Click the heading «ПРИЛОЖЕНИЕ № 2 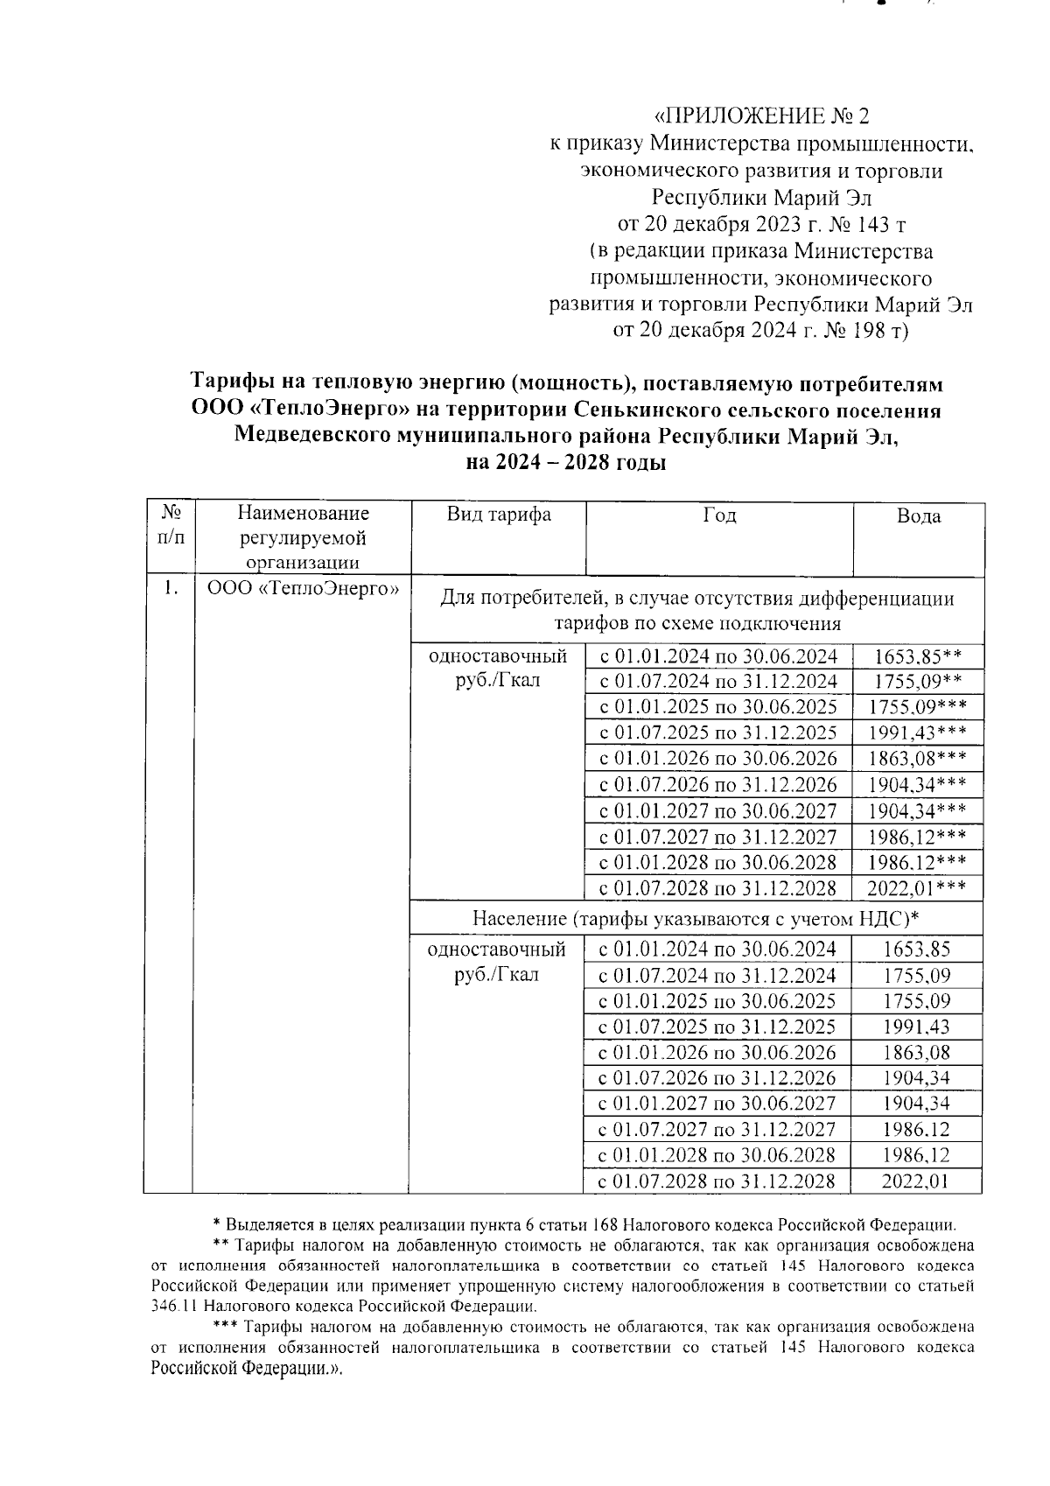coord(763,116)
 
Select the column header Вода coord(918,516)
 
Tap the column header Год coord(718,515)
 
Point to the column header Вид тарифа coord(498,514)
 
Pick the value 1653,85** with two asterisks coord(917,657)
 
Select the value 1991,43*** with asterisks coord(917,733)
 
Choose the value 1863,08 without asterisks coord(916,1053)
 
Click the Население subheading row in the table coord(696,919)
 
